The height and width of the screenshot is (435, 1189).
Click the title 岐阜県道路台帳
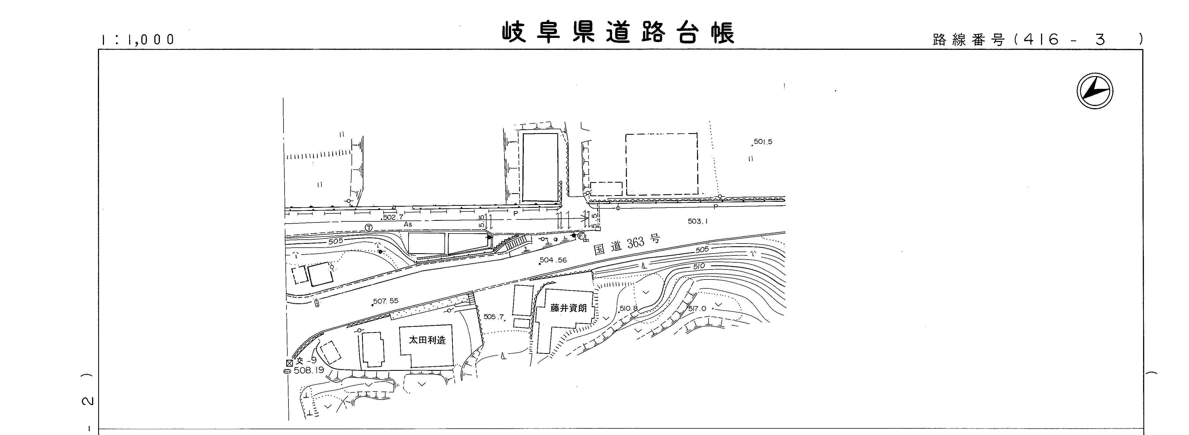(618, 32)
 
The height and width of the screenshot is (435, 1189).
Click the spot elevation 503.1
(698, 221)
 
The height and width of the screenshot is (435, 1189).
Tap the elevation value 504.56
(553, 260)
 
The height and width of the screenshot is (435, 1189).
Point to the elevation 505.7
(493, 317)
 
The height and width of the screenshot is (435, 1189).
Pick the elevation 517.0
(697, 309)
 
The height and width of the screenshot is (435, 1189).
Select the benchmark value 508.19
(309, 370)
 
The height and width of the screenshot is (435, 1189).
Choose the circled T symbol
(368, 228)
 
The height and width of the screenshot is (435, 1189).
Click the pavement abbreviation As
(408, 224)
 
